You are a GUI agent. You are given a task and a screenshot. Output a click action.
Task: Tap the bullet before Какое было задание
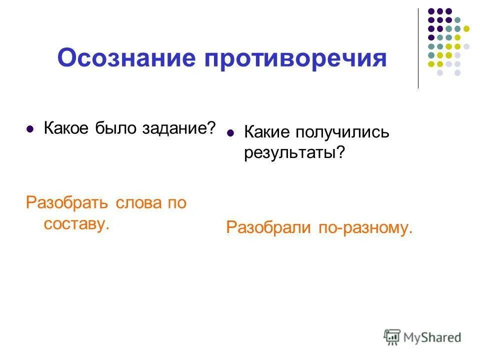tap(30, 129)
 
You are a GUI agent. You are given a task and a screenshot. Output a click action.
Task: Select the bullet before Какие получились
tap(230, 133)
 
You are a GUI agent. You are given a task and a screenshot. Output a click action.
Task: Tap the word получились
tap(341, 133)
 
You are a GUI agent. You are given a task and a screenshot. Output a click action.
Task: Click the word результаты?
tap(295, 152)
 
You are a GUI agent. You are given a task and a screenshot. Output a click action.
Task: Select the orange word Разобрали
tap(268, 227)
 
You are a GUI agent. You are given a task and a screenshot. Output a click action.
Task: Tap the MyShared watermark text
tap(433, 337)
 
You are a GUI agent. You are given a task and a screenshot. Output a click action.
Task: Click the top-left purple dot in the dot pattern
tap(431, 11)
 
